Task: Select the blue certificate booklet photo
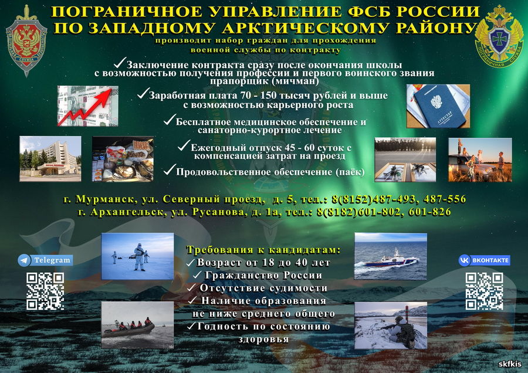tap(438, 106)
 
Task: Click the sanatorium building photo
tap(50, 159)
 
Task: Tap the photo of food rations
tap(123, 159)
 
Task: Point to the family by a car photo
tap(480, 160)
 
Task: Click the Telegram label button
tap(45, 260)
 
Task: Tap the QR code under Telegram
tap(45, 291)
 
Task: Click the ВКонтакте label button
tap(484, 260)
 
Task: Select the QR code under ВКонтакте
tap(485, 291)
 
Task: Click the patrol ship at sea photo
tap(391, 256)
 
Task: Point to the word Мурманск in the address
tap(106, 199)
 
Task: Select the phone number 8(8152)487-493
tap(373, 199)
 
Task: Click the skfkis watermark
tap(510, 364)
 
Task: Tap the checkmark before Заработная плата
tap(144, 94)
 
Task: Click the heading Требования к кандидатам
tap(263, 250)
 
